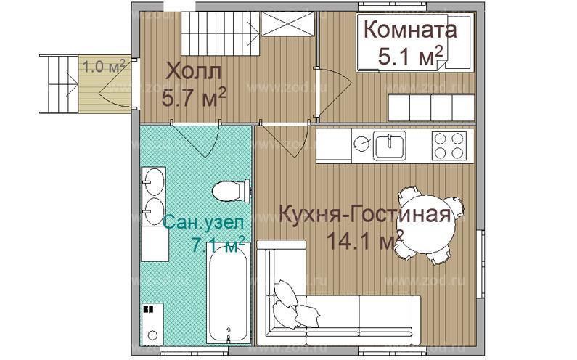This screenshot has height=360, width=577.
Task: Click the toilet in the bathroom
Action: point(228,192)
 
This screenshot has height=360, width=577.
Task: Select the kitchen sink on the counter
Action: point(390,146)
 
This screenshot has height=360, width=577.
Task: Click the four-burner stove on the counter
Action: point(449,145)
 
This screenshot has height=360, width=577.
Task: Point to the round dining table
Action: point(427,223)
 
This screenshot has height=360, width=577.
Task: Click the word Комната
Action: point(409,31)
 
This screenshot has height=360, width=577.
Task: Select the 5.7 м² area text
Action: point(194,97)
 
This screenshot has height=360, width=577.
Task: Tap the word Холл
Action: point(193,73)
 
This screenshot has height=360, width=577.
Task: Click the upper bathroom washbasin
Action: point(154,180)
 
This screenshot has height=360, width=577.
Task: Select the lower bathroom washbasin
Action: point(154,210)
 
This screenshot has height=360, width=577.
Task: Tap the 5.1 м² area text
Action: point(411,57)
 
